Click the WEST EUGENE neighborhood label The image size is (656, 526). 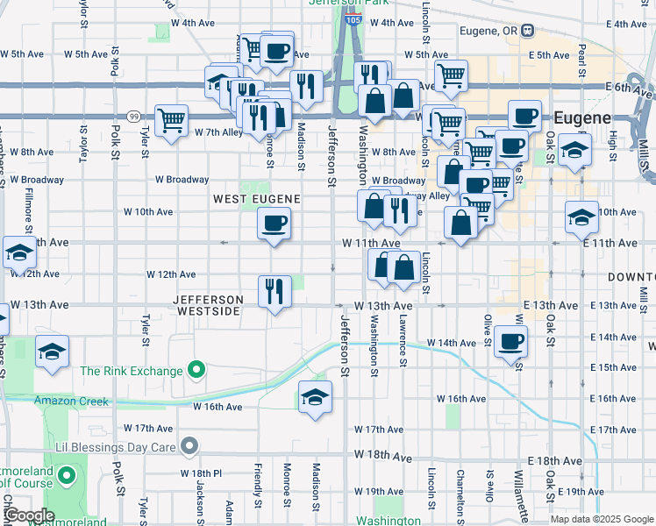click(x=257, y=199)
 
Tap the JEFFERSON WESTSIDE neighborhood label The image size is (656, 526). click(x=209, y=305)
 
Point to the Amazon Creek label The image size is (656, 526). click(x=71, y=402)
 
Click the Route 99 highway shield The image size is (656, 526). click(x=133, y=116)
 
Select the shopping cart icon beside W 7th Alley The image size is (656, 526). click(x=171, y=120)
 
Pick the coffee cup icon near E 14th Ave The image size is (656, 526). click(x=510, y=341)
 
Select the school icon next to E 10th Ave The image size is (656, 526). click(x=581, y=217)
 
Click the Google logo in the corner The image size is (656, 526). click(x=29, y=515)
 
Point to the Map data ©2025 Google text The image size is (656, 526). click(x=601, y=519)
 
